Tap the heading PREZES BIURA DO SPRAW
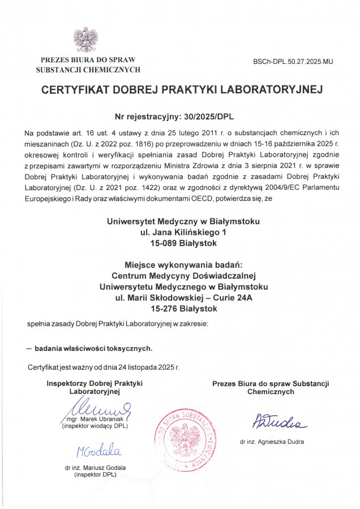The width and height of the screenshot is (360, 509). (88, 60)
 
